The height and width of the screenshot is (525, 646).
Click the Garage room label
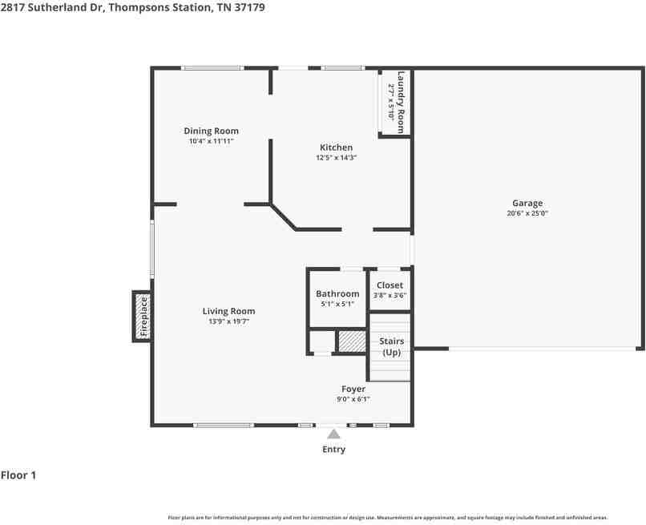(x=527, y=203)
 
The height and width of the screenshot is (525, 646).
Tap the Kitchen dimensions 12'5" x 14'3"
(x=336, y=157)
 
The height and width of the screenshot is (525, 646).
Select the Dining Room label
(x=211, y=131)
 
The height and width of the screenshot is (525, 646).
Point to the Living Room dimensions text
(x=228, y=321)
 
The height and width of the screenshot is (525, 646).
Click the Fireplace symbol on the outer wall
(x=142, y=317)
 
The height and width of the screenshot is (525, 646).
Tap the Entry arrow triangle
(x=333, y=434)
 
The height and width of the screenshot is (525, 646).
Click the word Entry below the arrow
(x=333, y=449)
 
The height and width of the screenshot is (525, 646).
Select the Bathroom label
(x=337, y=294)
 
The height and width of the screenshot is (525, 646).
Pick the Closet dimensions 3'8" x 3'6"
(x=390, y=296)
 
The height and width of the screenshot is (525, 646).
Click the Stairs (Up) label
(x=391, y=346)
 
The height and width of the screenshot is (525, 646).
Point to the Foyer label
(x=353, y=389)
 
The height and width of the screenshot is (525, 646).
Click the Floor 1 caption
(x=18, y=475)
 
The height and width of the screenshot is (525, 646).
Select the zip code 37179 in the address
(x=250, y=7)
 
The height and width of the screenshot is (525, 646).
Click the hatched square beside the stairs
(x=352, y=341)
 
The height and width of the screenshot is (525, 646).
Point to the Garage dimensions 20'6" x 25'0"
(x=527, y=213)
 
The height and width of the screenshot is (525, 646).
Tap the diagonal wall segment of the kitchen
(x=283, y=216)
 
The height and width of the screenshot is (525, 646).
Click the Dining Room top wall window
(x=212, y=68)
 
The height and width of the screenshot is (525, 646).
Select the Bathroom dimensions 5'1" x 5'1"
(x=337, y=305)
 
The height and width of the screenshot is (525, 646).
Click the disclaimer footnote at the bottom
(x=388, y=518)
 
